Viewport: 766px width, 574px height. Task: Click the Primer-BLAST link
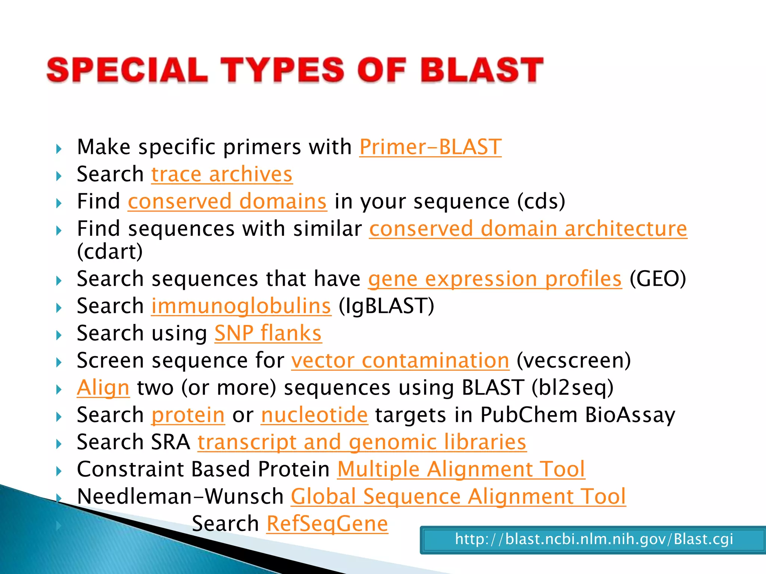point(430,147)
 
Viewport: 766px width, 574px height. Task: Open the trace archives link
point(222,175)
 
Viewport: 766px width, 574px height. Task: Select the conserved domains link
point(227,202)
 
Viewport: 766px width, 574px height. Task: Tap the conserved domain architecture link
point(528,229)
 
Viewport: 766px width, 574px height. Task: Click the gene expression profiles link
point(495,279)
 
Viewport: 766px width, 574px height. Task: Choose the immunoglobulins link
point(241,306)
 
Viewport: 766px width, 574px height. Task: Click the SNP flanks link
point(268,333)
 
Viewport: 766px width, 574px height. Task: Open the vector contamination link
point(400,361)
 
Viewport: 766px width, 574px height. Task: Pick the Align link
point(103,388)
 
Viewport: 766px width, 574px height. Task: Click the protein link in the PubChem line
point(188,415)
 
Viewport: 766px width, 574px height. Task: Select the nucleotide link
point(315,415)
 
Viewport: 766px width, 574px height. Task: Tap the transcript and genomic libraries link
point(362,442)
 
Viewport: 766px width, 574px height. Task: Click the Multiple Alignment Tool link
point(461,469)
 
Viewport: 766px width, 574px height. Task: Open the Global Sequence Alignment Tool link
point(458,497)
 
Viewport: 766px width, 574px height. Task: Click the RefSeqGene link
point(327,524)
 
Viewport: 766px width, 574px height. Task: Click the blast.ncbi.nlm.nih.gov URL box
point(594,540)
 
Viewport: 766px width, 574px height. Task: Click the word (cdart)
point(110,252)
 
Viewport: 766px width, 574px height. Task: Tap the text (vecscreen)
point(574,361)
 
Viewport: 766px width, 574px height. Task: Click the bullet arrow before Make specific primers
point(59,149)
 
